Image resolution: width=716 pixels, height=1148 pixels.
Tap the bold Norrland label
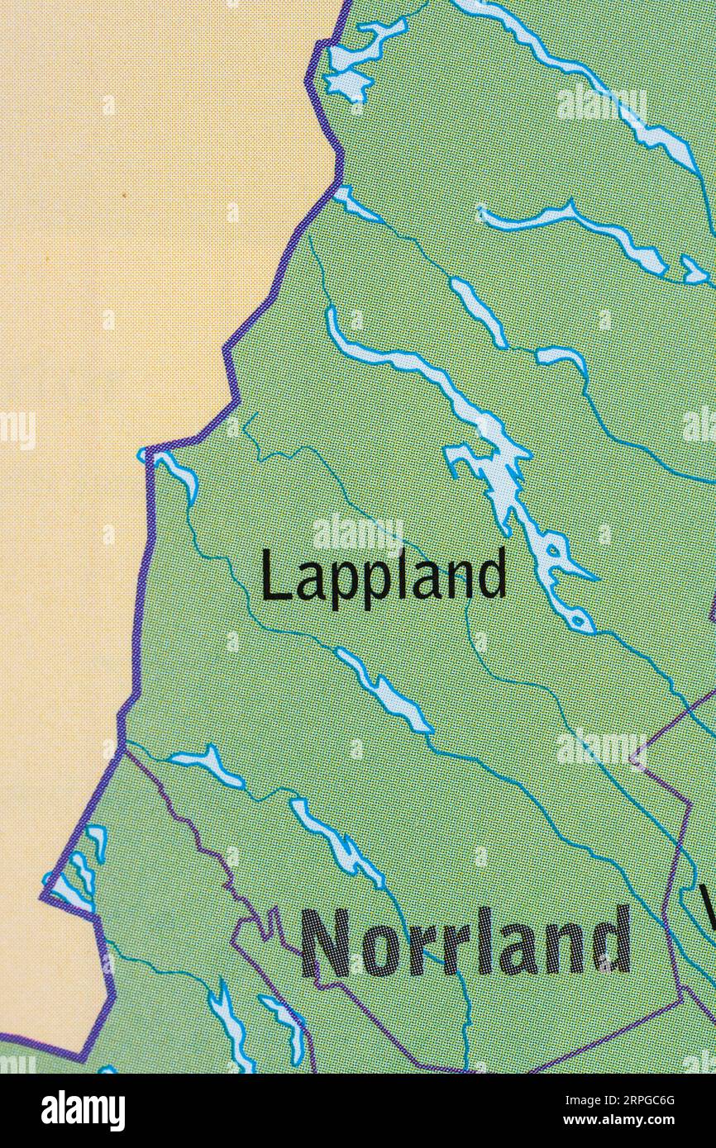465,942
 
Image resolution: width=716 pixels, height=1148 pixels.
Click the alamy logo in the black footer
83,1110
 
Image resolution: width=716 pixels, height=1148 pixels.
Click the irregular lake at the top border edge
360,58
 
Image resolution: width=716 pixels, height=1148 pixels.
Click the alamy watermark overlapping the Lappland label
358,533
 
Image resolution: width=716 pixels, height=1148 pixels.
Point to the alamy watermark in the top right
601,104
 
